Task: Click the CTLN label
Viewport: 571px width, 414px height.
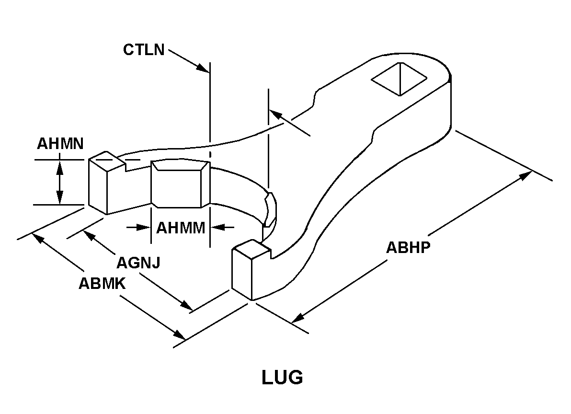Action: [144, 49]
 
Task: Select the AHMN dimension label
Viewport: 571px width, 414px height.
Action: [60, 143]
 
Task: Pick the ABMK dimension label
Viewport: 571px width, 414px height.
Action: [102, 284]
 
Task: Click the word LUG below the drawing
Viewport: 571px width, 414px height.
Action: [282, 378]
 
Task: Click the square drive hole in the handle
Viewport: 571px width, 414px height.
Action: [399, 79]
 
